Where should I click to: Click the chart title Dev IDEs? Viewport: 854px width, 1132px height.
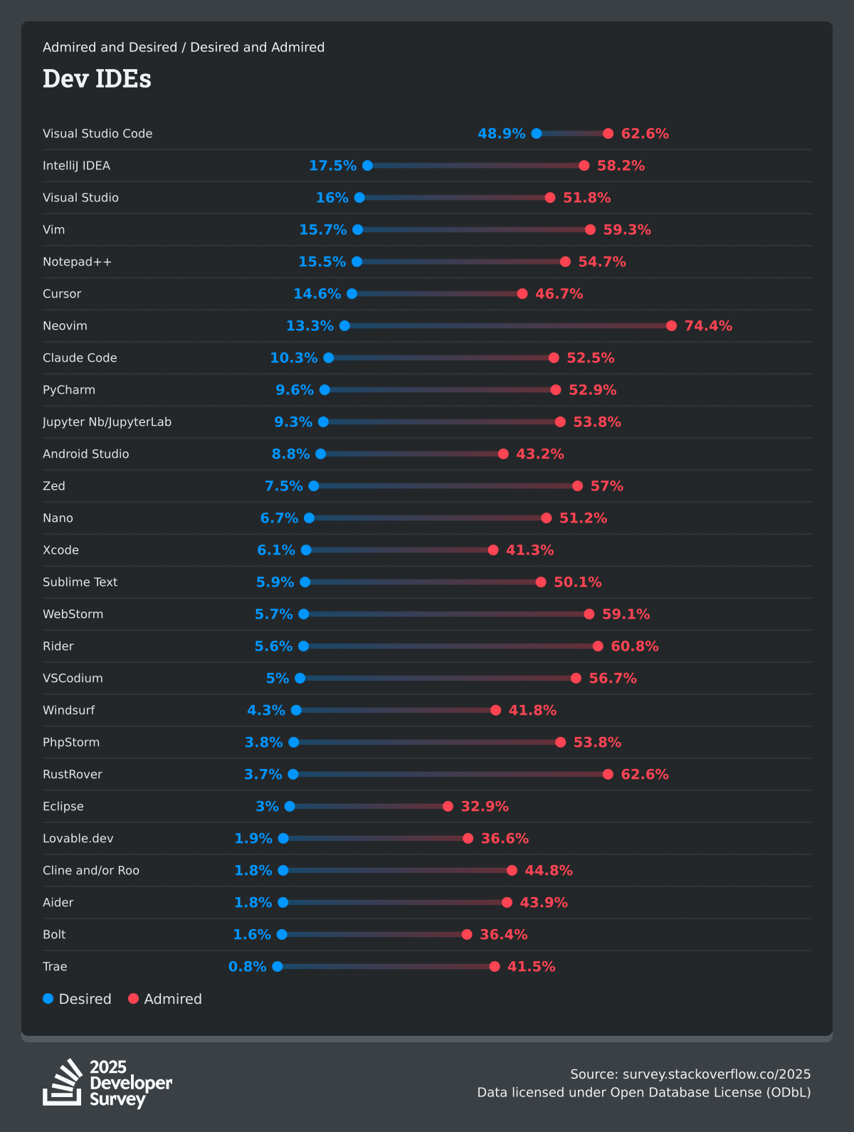[97, 78]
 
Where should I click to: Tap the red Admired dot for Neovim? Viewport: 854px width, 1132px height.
[671, 325]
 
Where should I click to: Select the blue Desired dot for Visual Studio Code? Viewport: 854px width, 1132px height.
[537, 133]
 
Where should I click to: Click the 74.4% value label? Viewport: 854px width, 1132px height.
[708, 325]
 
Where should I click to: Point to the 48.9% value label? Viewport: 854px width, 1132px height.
[501, 133]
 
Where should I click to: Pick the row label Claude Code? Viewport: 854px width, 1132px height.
[80, 357]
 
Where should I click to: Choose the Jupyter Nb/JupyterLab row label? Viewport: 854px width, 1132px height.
[107, 421]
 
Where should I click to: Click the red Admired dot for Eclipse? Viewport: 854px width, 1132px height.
[448, 806]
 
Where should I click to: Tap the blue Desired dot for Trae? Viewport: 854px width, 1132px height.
[278, 966]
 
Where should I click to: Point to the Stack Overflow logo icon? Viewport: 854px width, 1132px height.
[63, 1082]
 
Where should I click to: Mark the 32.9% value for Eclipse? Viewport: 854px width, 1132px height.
[485, 806]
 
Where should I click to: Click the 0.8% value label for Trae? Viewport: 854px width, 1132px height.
[247, 966]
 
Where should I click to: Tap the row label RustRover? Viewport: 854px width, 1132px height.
[73, 774]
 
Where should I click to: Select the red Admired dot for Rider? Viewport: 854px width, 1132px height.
[598, 646]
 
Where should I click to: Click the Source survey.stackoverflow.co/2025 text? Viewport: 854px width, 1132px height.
[690, 1074]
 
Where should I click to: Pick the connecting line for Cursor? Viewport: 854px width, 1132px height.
[437, 293]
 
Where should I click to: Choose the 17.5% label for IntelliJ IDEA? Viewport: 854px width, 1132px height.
[332, 165]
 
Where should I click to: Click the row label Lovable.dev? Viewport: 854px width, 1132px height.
[78, 838]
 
